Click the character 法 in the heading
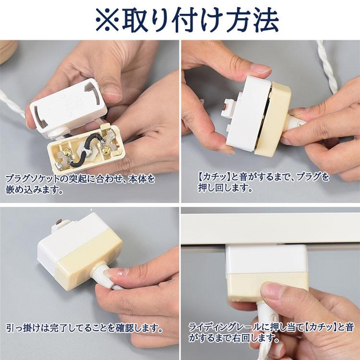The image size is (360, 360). (x=265, y=20)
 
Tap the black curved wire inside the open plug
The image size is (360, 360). (x=84, y=150)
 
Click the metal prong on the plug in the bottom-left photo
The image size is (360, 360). (x=59, y=222)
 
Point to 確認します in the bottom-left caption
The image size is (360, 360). (x=139, y=328)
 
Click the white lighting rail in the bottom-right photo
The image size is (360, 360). (x=270, y=228)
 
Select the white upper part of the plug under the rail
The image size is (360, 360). (x=266, y=259)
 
